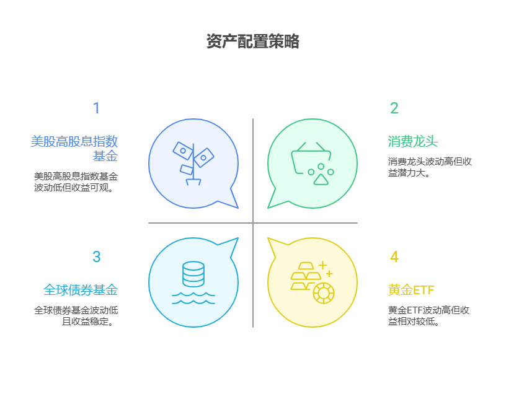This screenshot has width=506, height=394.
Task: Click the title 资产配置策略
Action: tap(253, 42)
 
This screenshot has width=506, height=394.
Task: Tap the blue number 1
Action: tap(96, 108)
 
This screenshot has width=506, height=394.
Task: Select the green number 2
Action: tap(394, 108)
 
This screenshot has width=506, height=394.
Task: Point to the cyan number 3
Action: tap(96, 257)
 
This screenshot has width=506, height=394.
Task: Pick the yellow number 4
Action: tap(394, 257)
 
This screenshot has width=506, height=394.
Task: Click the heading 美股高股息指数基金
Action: tap(74, 148)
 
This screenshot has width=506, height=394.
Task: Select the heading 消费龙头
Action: tap(413, 141)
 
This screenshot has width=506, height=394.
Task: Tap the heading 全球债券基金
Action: tap(81, 290)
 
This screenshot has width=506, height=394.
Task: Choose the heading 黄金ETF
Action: tap(412, 290)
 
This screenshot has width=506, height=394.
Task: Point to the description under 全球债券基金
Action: tap(76, 315)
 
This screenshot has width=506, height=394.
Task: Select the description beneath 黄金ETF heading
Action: tap(428, 315)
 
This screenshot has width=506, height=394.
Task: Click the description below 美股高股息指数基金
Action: tap(75, 182)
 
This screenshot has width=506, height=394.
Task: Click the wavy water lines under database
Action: tap(193, 299)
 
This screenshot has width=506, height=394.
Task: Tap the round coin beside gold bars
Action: tap(323, 292)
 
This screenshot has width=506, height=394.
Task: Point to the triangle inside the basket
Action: tap(321, 179)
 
